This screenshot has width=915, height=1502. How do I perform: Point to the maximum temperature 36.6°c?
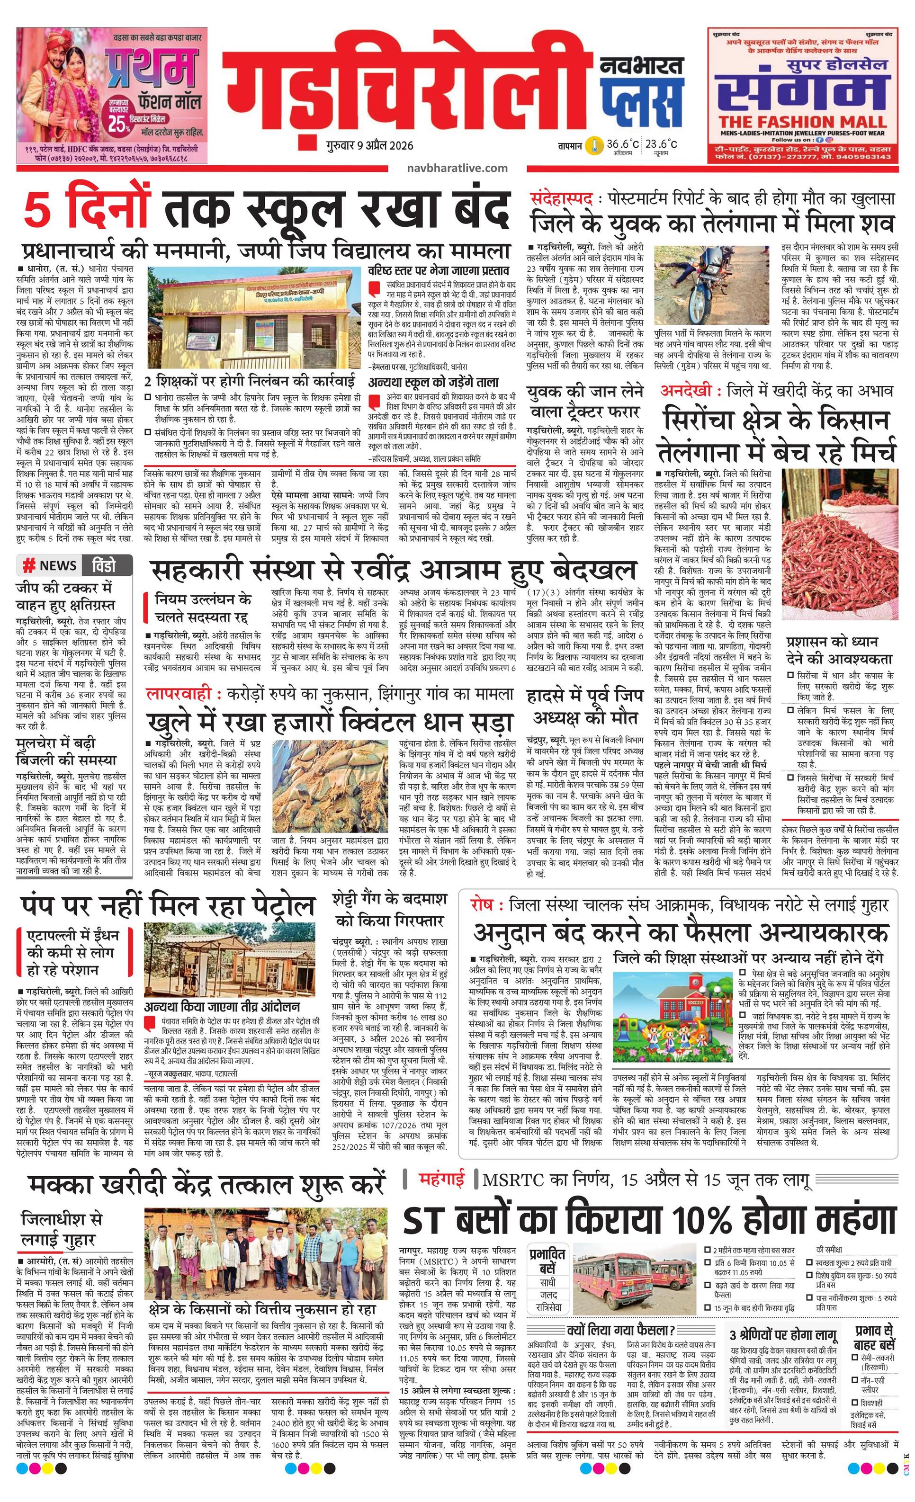point(622,144)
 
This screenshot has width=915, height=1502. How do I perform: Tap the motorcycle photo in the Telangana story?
point(713,285)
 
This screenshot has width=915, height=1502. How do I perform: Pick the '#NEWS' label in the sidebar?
point(50,566)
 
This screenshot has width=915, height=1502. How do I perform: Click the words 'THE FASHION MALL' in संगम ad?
point(802,121)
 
